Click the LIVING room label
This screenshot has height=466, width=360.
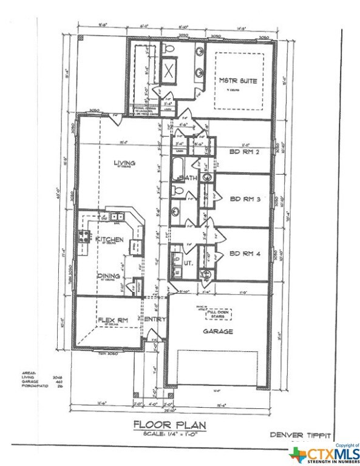[x=124, y=163]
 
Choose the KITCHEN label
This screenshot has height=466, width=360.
[x=110, y=240]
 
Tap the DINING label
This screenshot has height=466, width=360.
[x=109, y=275]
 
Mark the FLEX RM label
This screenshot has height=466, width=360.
[x=112, y=320]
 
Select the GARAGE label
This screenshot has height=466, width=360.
[x=217, y=332]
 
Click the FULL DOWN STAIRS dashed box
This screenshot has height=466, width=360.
[x=217, y=314]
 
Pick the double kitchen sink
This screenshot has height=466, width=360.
[x=115, y=216]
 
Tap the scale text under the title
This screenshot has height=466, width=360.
[x=171, y=433]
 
